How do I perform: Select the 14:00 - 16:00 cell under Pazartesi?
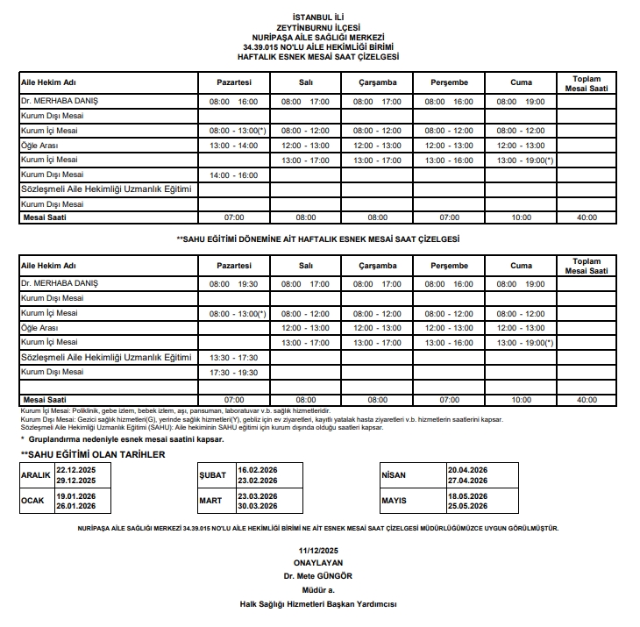coord(233,175)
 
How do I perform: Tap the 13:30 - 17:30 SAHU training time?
coord(233,358)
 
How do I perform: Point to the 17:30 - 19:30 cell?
coord(233,373)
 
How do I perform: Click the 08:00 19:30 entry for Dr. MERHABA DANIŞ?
coord(233,284)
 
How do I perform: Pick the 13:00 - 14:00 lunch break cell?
coord(233,146)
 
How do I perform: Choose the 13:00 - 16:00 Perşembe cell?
coord(449,160)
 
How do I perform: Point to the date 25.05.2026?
coord(467,507)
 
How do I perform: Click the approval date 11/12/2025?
coord(318,550)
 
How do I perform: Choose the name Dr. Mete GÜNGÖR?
coord(318,576)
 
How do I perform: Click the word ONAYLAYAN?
coord(318,563)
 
